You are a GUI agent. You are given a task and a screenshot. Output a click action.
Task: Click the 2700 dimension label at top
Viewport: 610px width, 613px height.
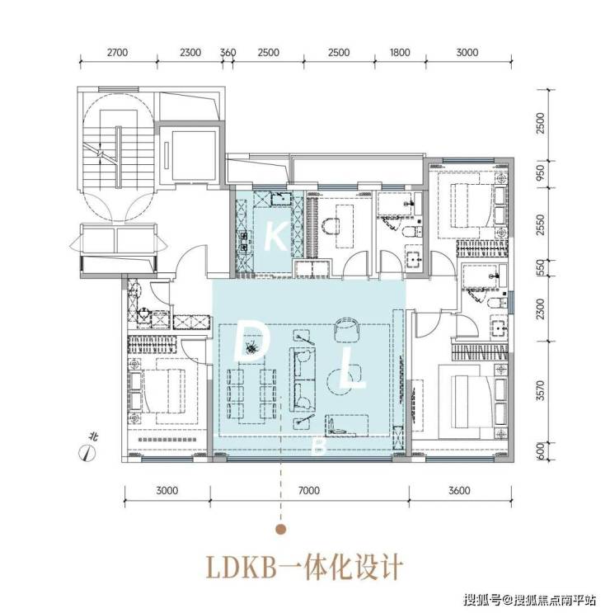point(117,52)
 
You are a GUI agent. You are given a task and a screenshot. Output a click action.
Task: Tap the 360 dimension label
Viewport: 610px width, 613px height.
point(228,52)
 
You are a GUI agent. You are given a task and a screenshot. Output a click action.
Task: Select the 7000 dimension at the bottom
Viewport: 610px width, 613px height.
point(308,490)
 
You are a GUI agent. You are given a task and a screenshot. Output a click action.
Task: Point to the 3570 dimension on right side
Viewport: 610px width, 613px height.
point(540,390)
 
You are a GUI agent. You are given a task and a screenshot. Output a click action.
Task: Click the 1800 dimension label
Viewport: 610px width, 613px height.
point(400,52)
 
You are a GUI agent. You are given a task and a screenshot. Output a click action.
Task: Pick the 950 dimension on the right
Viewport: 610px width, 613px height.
point(540,172)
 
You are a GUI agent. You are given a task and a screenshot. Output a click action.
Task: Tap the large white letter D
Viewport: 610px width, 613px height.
point(250,340)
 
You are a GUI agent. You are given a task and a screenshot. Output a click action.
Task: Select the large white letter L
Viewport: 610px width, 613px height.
point(352,369)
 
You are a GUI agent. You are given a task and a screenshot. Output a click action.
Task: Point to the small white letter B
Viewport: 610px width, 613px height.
point(320,446)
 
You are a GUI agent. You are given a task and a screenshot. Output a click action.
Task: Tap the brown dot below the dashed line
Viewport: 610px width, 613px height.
point(281,530)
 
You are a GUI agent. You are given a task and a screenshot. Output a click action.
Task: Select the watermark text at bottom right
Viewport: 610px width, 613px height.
point(529,599)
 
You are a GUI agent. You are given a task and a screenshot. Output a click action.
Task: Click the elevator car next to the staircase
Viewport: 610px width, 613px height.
point(194,155)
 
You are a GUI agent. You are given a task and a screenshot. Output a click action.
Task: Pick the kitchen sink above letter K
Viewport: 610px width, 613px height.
point(281,199)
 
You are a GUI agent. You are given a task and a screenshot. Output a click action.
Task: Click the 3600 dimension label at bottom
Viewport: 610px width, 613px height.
point(459,490)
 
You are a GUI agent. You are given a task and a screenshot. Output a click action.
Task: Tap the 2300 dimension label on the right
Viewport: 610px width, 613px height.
point(540,309)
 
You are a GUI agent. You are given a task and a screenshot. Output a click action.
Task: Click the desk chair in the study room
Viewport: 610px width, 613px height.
point(331,226)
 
